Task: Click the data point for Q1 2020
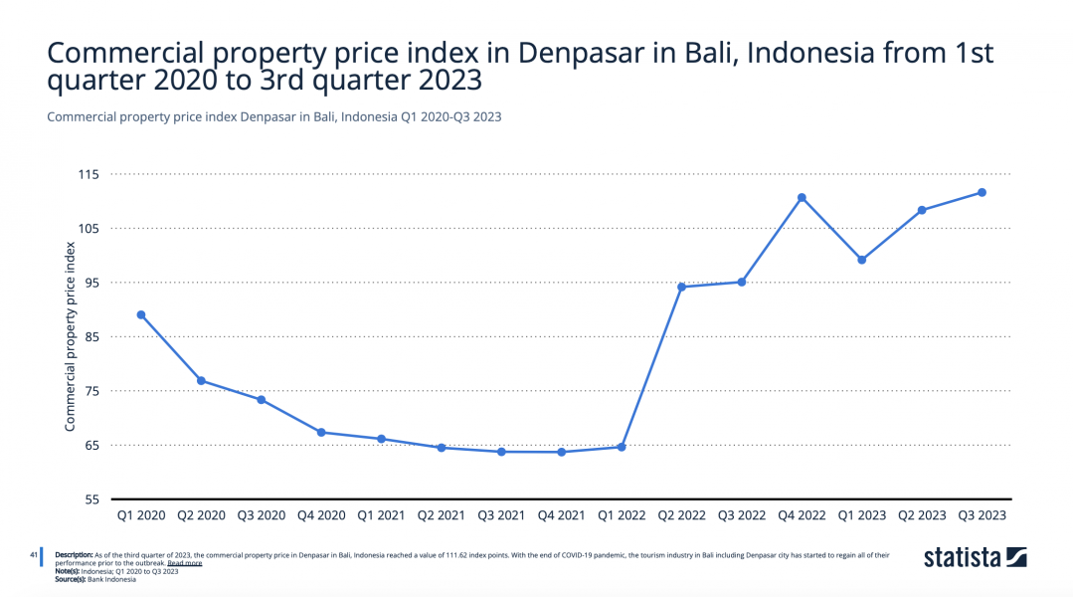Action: coord(141,314)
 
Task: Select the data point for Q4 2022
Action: coord(802,197)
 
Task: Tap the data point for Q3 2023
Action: coord(982,192)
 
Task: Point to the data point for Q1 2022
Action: coord(622,447)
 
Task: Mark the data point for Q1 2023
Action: coord(862,260)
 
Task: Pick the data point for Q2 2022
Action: coord(681,287)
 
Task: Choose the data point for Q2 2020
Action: coord(201,381)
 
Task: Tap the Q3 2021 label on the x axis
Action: coord(501,515)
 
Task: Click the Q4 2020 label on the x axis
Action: coord(321,515)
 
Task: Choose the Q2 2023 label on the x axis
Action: coord(922,515)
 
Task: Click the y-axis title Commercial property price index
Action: coord(71,337)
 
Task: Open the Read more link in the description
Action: coord(184,563)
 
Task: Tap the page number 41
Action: coord(33,554)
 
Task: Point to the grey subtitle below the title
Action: coord(273,116)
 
